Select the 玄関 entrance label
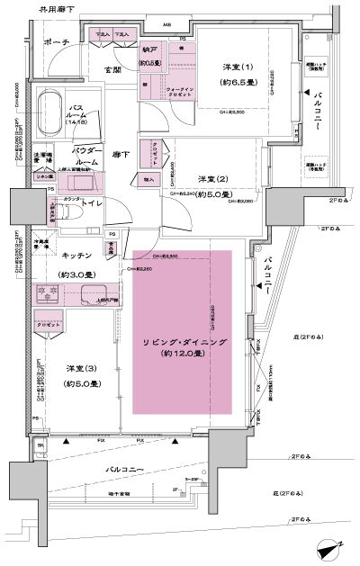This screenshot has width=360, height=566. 113,69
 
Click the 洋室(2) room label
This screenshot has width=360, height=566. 214,178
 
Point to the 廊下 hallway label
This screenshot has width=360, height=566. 121,155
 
